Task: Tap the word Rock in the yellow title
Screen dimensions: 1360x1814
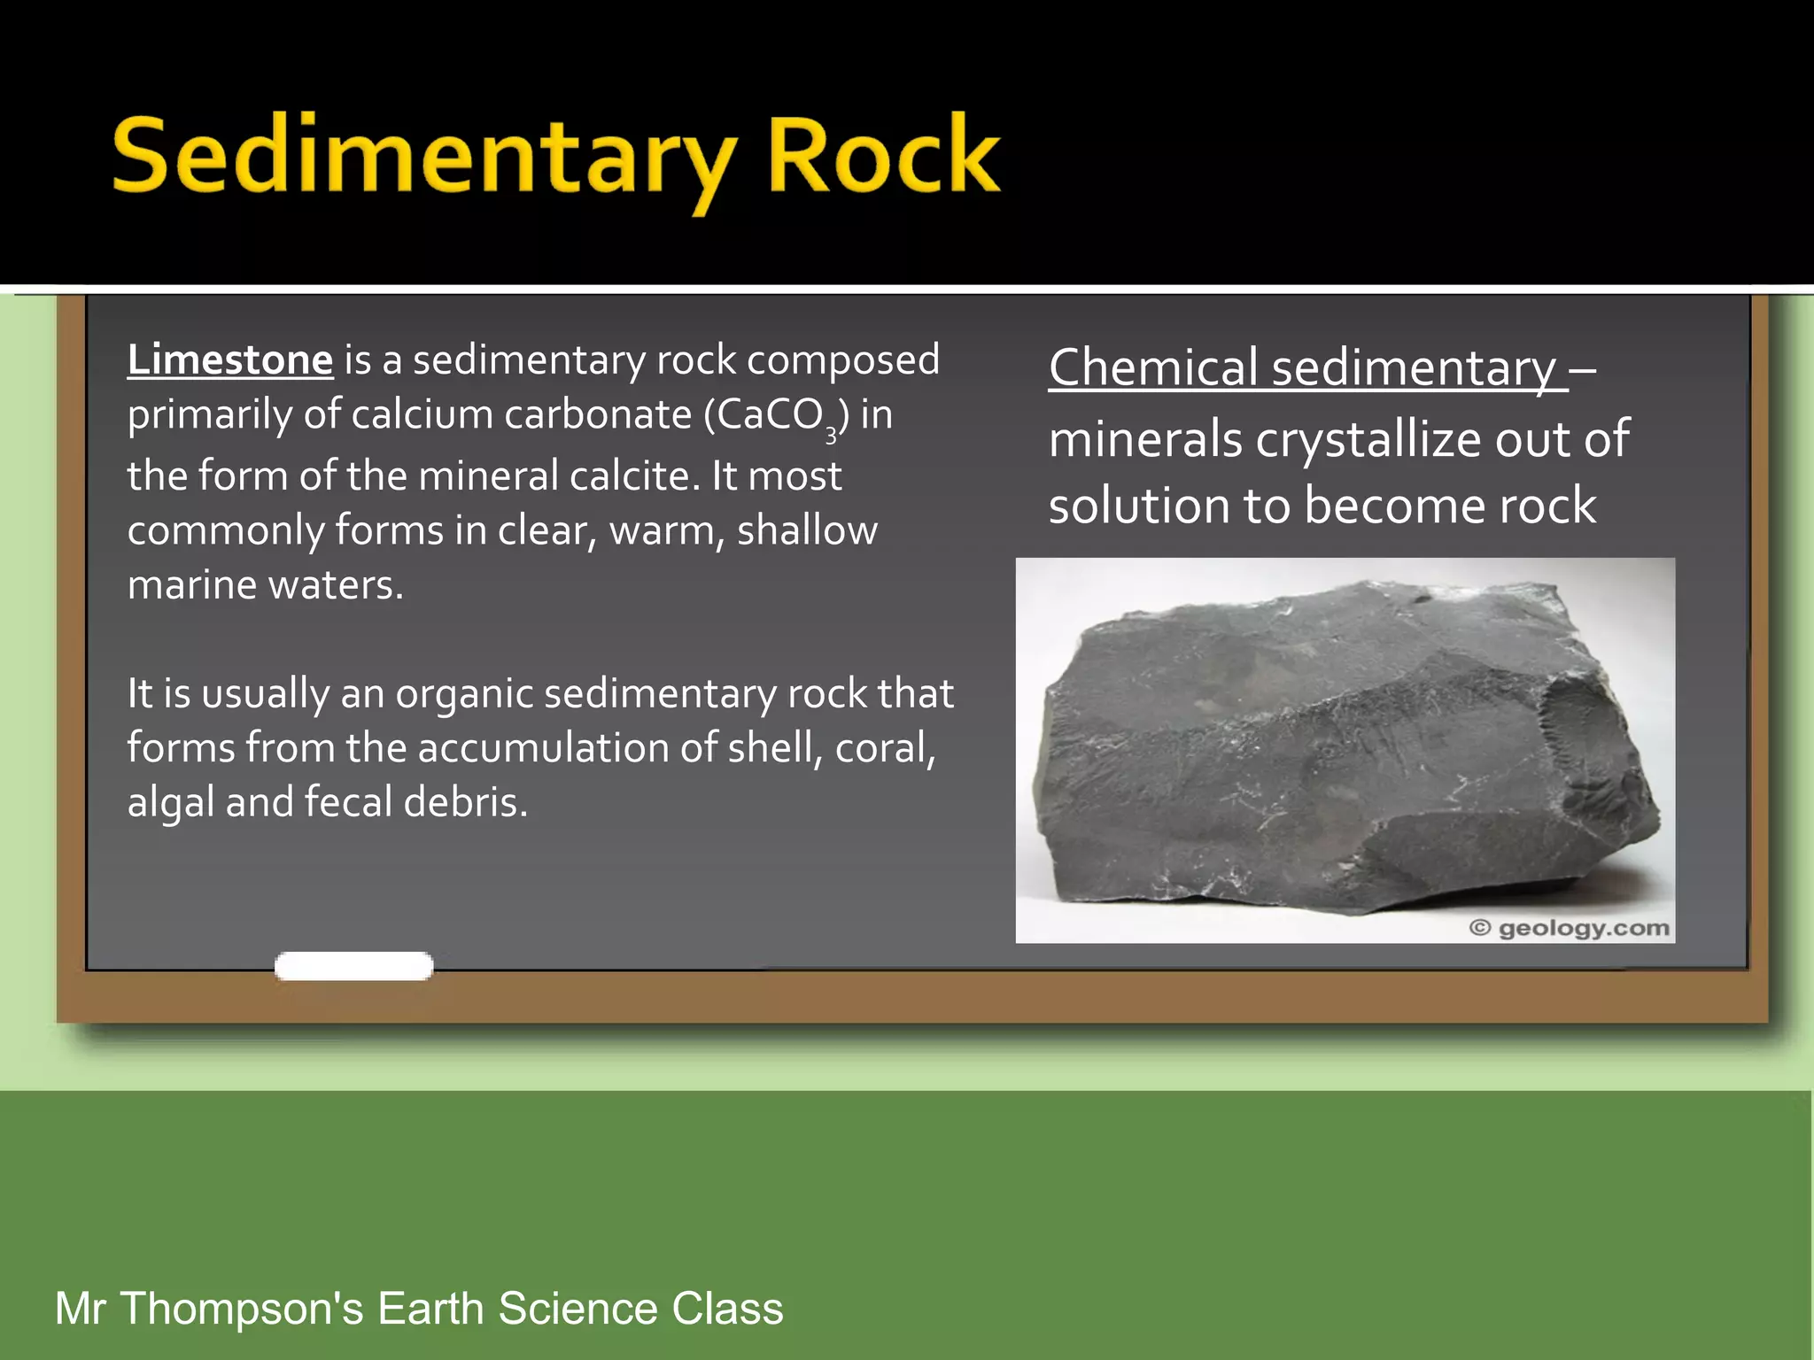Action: pos(883,156)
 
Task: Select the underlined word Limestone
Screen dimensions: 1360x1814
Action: pos(229,360)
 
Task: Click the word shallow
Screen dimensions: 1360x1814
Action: pos(807,530)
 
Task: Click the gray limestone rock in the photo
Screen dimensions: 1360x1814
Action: pos(1337,753)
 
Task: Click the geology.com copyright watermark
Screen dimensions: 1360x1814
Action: pos(1569,928)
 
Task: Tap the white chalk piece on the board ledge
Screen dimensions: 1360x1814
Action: pos(353,966)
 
